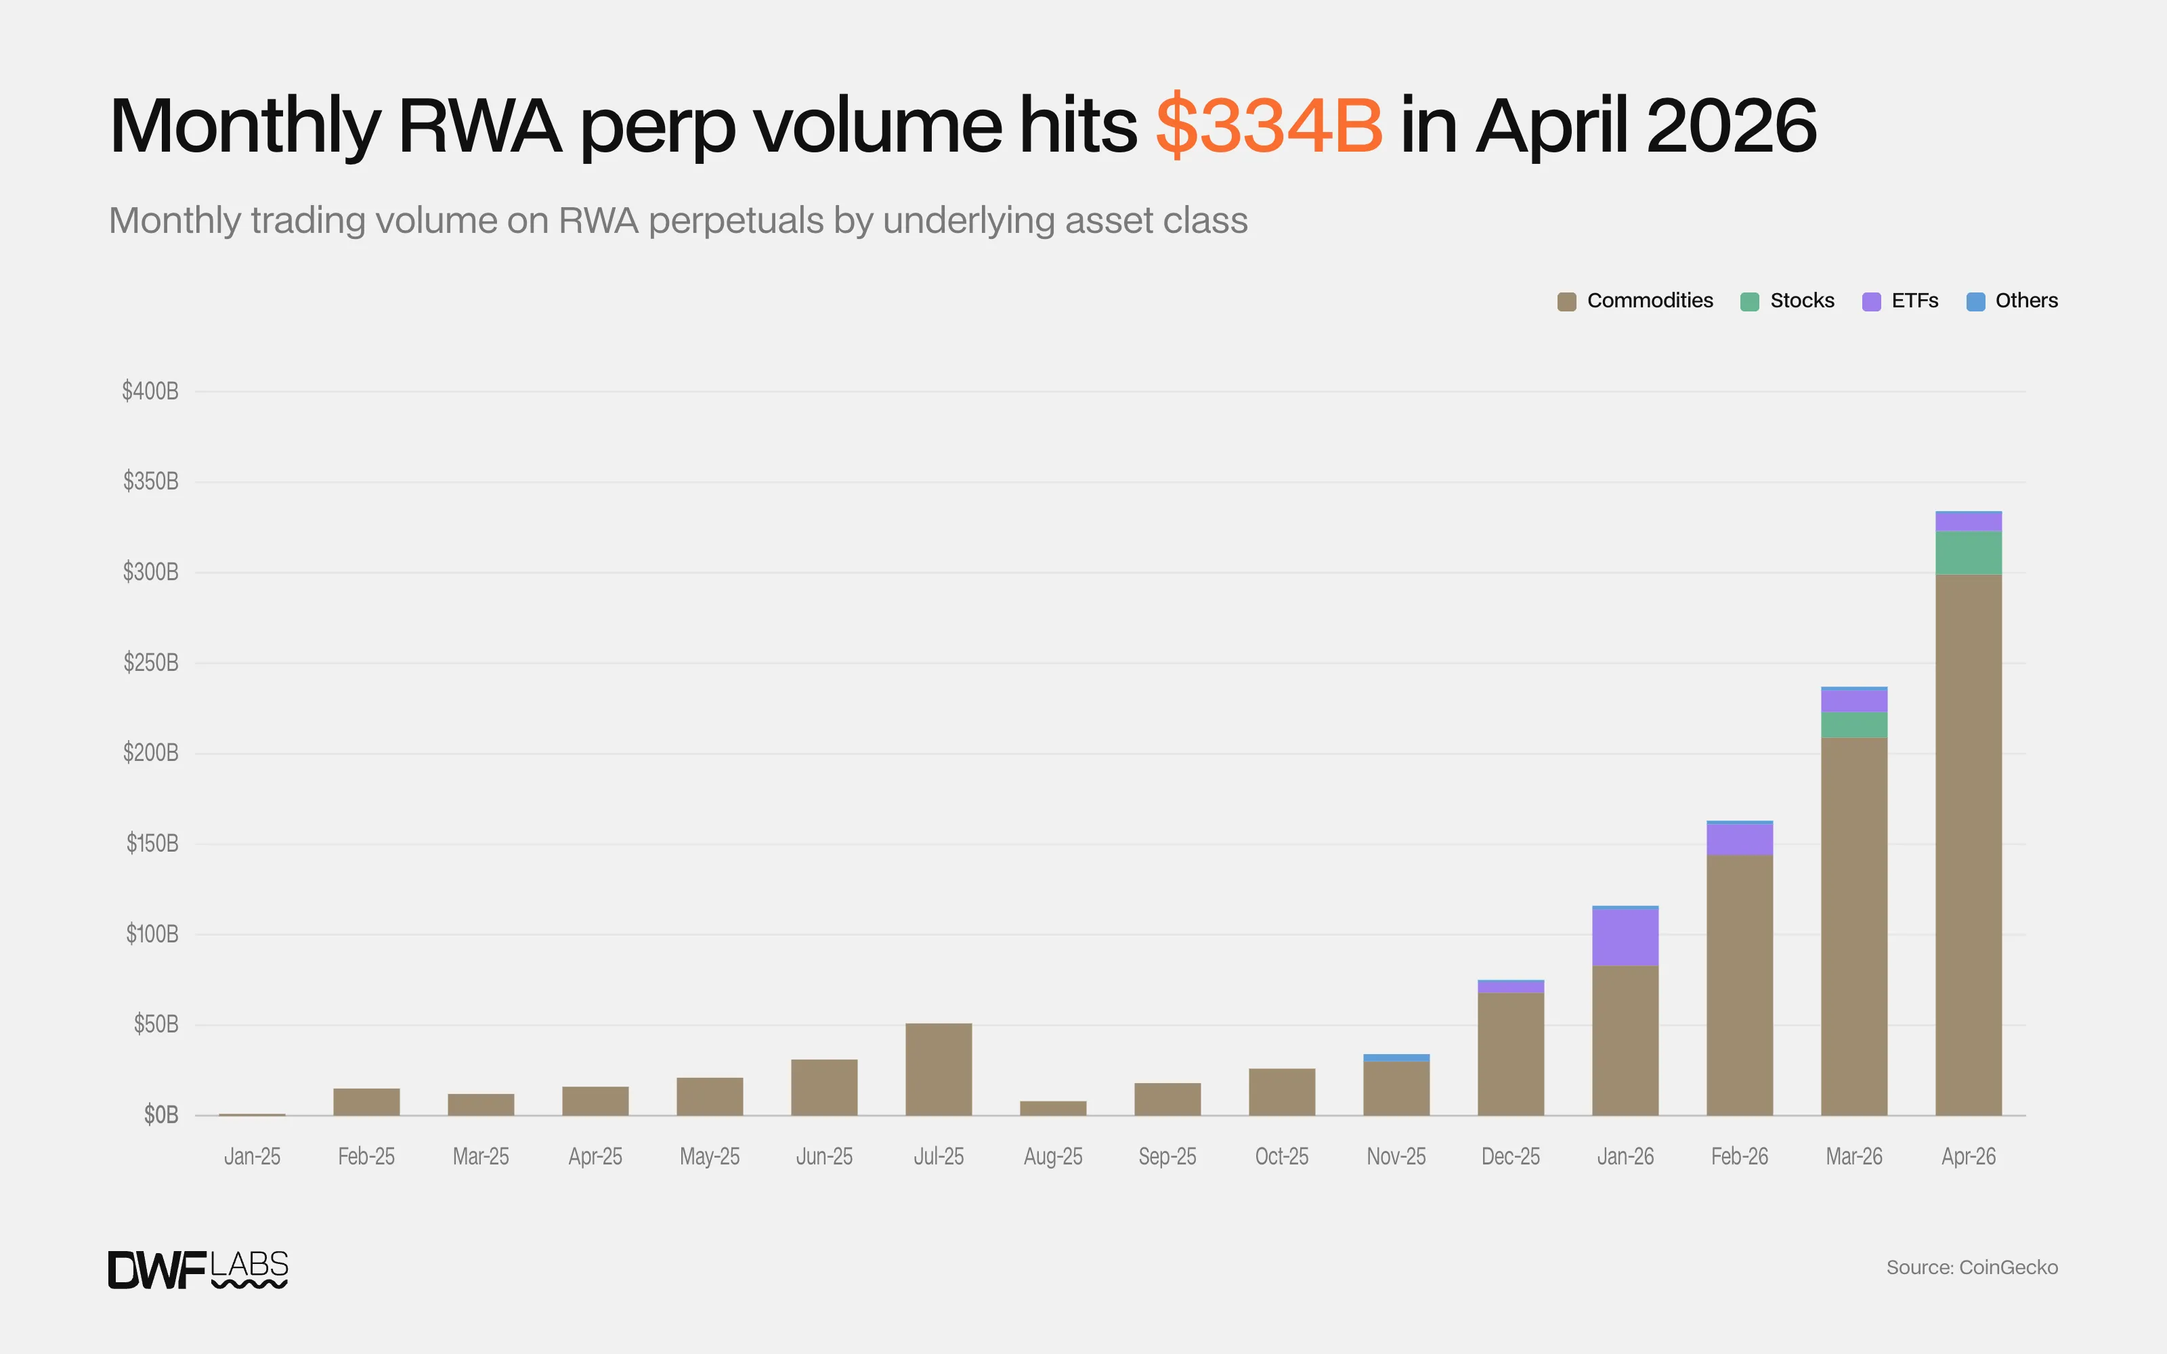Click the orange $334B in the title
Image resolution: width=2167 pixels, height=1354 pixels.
point(1269,125)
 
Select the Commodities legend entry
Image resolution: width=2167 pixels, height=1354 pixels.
point(1635,301)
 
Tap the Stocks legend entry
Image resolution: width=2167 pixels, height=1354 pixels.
point(1787,301)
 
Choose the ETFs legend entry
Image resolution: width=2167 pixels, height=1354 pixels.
point(1900,301)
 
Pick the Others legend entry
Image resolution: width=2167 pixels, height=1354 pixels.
point(2012,301)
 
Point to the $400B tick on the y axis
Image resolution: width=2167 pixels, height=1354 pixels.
point(150,391)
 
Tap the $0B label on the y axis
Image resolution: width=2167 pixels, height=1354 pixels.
point(161,1115)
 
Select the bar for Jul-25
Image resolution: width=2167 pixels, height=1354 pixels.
point(939,1069)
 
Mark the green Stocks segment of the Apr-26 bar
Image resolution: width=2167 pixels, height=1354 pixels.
point(1968,552)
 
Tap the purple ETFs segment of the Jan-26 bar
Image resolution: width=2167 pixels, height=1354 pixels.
point(1625,937)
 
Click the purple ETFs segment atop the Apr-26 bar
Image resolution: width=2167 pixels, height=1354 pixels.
point(1968,521)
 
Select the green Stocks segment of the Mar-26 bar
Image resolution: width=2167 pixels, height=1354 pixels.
point(1855,724)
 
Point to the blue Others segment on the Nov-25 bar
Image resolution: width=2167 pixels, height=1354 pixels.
point(1396,1057)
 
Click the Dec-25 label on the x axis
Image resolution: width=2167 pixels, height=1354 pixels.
point(1511,1156)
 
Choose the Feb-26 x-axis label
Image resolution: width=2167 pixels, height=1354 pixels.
point(1740,1156)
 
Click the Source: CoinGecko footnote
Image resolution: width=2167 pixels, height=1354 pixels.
point(1972,1267)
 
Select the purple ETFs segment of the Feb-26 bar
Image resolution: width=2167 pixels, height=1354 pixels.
point(1740,839)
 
